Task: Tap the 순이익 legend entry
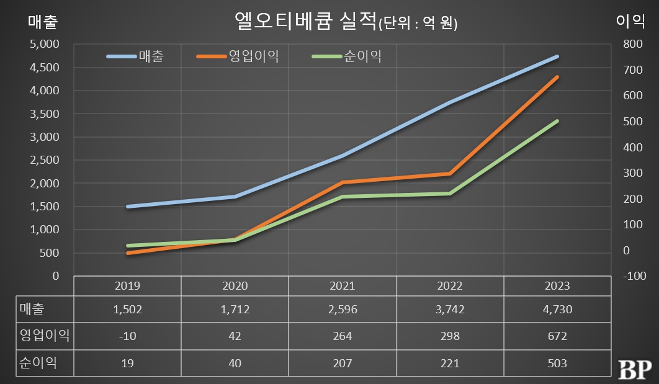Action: click(x=362, y=56)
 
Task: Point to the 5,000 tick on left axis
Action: click(x=44, y=44)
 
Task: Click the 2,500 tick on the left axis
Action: click(x=44, y=160)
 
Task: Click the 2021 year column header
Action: click(x=342, y=286)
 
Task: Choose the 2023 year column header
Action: click(x=557, y=286)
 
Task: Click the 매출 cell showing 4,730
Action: click(x=557, y=310)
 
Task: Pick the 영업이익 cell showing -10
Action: click(x=128, y=336)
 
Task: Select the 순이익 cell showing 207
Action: click(x=342, y=363)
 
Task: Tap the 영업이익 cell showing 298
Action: click(x=450, y=336)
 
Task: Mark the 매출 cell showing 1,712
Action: click(x=235, y=310)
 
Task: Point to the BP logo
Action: click(x=633, y=368)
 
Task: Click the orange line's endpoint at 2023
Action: click(x=557, y=77)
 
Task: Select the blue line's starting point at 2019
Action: click(x=128, y=207)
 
